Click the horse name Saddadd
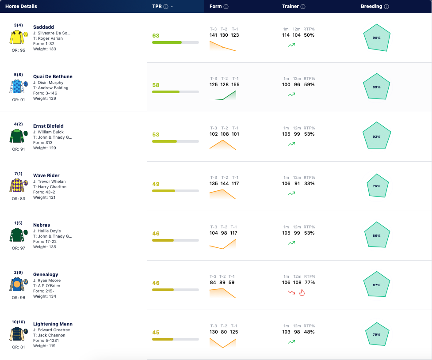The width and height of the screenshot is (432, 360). coord(43,27)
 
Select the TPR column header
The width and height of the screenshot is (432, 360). coord(157,6)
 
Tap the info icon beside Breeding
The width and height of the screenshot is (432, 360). coord(386,7)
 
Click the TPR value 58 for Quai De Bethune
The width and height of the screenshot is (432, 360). coord(156,85)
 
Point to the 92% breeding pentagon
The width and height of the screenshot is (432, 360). coord(377,136)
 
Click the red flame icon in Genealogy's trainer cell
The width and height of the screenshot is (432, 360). coord(302,292)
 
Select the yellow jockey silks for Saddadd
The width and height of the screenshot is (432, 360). coord(17,37)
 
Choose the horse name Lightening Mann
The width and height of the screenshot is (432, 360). coord(53,324)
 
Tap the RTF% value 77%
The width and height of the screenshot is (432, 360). coord(310,282)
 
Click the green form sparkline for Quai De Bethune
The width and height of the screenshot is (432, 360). coord(223,95)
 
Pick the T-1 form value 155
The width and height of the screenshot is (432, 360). coord(235,84)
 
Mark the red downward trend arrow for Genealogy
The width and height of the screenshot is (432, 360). coord(291,292)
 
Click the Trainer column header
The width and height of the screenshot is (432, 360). coord(291,6)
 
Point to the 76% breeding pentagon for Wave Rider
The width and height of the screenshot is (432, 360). coord(378,186)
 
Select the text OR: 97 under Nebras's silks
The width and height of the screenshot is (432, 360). coord(19,248)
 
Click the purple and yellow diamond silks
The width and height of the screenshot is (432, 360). coord(17,185)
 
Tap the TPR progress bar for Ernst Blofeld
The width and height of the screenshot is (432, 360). coord(176,141)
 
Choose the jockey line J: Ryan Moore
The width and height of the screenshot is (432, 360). coord(47,280)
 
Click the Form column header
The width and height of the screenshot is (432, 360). coord(215,6)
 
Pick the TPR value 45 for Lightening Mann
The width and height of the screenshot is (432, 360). coord(156,333)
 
